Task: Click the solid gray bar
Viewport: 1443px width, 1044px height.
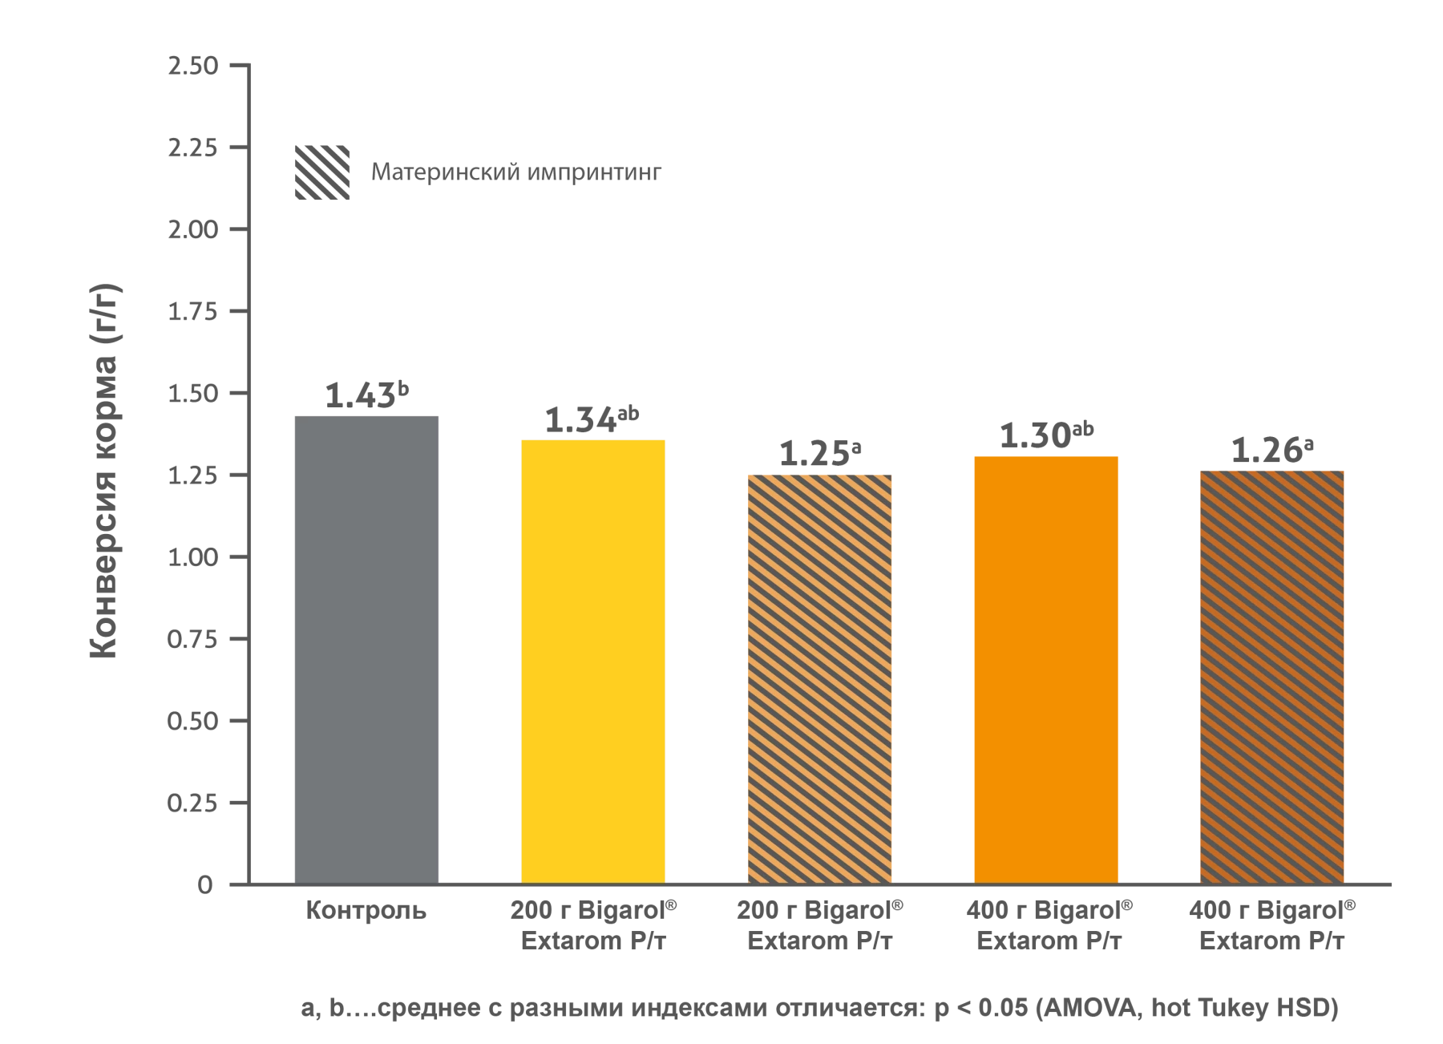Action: [366, 646]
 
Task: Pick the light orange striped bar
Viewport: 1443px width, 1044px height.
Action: [819, 678]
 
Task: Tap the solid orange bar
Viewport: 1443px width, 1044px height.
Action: [1045, 669]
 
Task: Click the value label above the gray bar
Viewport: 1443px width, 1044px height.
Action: [366, 395]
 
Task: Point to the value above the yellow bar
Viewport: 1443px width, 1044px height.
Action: [593, 419]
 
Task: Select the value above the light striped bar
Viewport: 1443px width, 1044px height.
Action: [819, 453]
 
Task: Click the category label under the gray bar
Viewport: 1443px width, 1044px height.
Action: [366, 913]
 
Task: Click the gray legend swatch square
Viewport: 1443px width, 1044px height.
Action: [323, 173]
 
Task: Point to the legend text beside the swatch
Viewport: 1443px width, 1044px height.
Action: [518, 174]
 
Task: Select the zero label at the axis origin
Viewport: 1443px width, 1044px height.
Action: [207, 885]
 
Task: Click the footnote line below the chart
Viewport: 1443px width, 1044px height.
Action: [818, 1012]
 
